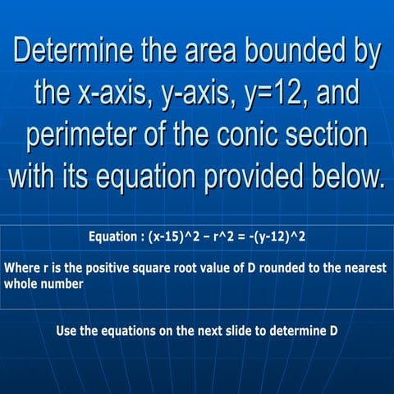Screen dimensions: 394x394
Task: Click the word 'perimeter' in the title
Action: [x=87, y=135]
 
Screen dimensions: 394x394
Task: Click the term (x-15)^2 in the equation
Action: [x=176, y=238]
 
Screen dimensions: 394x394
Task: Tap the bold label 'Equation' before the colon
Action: [x=113, y=238]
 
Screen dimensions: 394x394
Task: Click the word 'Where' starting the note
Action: [x=21, y=268]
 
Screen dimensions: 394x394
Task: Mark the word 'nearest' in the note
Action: [x=364, y=268]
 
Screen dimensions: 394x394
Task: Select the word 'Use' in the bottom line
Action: [x=66, y=332]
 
